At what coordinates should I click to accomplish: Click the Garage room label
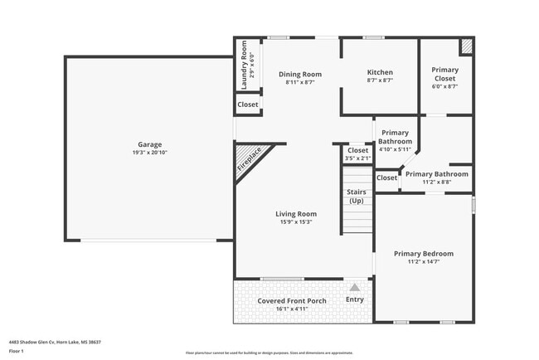click(x=150, y=144)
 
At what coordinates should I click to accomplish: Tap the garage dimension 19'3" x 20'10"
click(x=150, y=153)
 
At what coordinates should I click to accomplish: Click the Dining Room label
click(x=299, y=74)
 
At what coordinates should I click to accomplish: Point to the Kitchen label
click(x=380, y=72)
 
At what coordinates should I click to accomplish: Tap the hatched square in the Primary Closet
click(x=467, y=47)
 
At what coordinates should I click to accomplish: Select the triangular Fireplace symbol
click(x=246, y=158)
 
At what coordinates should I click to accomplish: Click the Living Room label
click(x=296, y=214)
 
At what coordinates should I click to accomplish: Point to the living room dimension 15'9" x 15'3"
click(x=296, y=222)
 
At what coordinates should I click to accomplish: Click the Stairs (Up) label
click(x=356, y=197)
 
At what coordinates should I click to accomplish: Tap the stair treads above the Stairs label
click(x=358, y=177)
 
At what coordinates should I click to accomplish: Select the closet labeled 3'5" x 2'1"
click(x=357, y=154)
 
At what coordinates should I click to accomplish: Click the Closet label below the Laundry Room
click(x=248, y=105)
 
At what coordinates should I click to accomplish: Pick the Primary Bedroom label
click(x=424, y=254)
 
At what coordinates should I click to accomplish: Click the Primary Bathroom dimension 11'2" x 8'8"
click(x=435, y=182)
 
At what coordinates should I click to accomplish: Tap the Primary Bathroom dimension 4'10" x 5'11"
click(x=395, y=150)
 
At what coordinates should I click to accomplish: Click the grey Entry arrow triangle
click(x=354, y=287)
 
